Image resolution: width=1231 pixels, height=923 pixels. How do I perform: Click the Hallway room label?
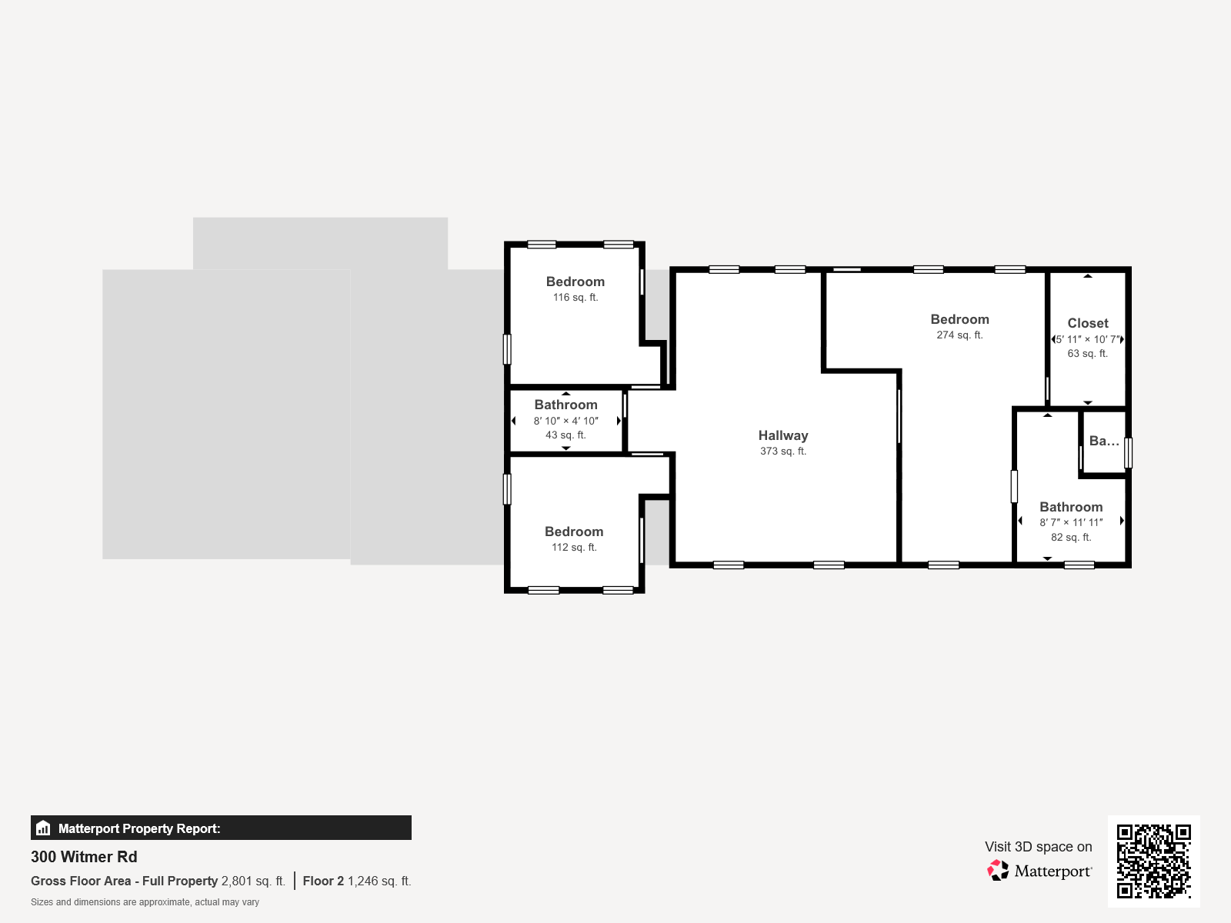(x=783, y=435)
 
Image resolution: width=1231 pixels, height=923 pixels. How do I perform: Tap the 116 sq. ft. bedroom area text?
(x=575, y=298)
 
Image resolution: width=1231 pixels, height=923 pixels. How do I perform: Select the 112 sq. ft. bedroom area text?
(x=574, y=548)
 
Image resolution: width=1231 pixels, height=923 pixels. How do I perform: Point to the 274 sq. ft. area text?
(x=959, y=335)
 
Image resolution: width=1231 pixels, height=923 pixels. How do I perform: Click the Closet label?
(x=1088, y=323)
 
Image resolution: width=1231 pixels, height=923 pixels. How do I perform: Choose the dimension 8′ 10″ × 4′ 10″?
(x=565, y=421)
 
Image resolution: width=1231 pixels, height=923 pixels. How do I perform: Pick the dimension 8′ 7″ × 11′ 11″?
(x=1071, y=522)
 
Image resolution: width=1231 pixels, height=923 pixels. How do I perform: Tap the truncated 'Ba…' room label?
(x=1104, y=441)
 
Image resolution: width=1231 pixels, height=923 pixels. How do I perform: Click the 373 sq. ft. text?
(x=783, y=452)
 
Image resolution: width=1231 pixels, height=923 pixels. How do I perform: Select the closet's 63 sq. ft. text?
(x=1087, y=354)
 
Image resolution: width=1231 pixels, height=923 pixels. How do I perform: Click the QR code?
(x=1153, y=861)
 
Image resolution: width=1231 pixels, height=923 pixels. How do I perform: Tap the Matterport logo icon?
(x=998, y=871)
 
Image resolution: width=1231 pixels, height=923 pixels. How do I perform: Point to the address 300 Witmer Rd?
(x=84, y=857)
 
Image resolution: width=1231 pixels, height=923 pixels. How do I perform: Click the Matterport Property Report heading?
(x=139, y=828)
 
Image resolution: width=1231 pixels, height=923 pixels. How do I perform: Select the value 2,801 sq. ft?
(x=253, y=881)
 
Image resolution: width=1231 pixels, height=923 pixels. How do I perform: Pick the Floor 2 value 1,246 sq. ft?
(x=379, y=881)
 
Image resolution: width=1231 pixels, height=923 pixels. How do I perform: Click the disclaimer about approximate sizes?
(x=145, y=902)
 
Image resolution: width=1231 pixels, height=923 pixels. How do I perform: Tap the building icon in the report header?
(x=43, y=828)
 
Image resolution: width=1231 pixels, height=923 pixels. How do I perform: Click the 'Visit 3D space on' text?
(x=1038, y=847)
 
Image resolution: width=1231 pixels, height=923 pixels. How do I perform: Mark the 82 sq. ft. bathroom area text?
(x=1071, y=538)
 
